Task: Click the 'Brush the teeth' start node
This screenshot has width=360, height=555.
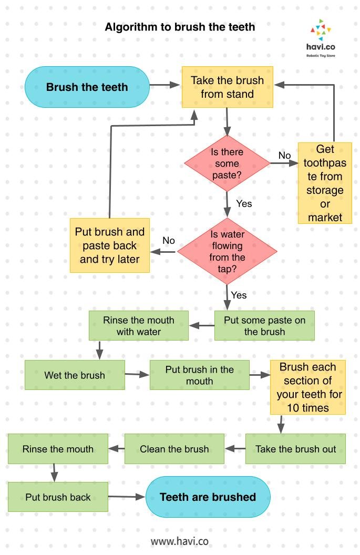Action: [x=87, y=87]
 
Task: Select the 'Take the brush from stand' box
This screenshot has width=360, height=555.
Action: [x=227, y=87]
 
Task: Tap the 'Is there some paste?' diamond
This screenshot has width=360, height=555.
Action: [x=227, y=163]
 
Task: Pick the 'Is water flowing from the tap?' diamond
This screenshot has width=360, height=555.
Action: [x=227, y=251]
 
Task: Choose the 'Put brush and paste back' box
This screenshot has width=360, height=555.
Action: [x=109, y=245]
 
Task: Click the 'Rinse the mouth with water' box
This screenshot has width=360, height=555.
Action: [x=138, y=325]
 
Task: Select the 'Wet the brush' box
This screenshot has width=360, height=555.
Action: [x=75, y=375]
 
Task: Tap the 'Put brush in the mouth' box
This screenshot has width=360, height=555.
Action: [x=199, y=375]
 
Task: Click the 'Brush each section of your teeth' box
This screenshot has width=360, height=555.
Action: [x=307, y=387]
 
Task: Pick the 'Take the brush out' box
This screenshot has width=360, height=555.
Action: [x=295, y=449]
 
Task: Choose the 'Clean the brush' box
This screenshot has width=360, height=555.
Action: [x=174, y=449]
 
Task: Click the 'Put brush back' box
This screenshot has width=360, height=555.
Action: [x=58, y=497]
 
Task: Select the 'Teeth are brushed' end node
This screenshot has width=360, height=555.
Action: [x=208, y=497]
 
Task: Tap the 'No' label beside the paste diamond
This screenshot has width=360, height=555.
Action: [x=284, y=156]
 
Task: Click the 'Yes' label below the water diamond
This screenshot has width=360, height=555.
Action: [x=239, y=295]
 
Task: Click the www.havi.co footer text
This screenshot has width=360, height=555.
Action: [x=180, y=541]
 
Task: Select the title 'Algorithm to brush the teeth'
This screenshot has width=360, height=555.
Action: [x=180, y=27]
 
